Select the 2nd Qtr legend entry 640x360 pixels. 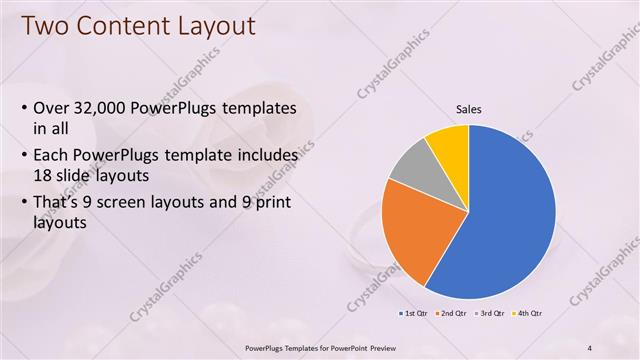(x=452, y=314)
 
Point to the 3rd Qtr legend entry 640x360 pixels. (x=490, y=314)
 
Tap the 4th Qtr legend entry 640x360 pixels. (x=526, y=314)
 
